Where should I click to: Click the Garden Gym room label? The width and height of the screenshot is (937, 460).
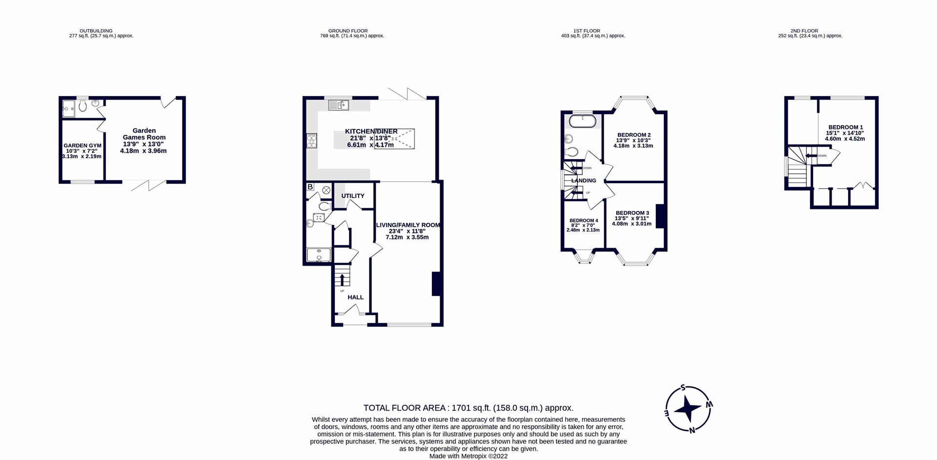82,146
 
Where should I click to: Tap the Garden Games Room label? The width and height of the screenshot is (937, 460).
144,134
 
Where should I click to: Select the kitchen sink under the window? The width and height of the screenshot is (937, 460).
338,105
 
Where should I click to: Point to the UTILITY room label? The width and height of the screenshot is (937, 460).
352,196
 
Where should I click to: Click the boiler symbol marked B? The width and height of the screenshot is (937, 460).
310,187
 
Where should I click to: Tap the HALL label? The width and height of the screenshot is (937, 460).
355,297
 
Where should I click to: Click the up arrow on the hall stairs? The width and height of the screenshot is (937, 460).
342,280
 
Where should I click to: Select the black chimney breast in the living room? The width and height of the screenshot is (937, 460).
436,284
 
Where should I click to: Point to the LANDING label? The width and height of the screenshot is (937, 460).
584,181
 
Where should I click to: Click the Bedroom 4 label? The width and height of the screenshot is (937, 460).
583,221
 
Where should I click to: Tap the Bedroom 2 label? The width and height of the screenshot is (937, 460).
633,135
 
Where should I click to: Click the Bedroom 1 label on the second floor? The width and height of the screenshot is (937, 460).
845,127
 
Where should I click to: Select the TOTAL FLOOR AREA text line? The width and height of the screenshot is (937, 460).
468,408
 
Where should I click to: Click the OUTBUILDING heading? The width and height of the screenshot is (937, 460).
96,31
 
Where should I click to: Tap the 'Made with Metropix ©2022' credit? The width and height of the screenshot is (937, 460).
468,456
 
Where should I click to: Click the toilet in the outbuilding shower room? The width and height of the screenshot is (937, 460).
82,106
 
